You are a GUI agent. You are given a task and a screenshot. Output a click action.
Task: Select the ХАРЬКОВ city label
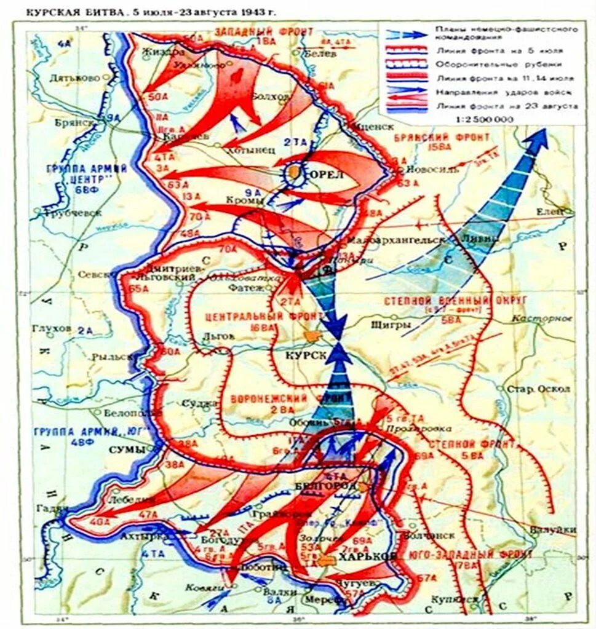coord(367,556)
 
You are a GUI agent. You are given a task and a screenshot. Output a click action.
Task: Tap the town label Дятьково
coord(76,79)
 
